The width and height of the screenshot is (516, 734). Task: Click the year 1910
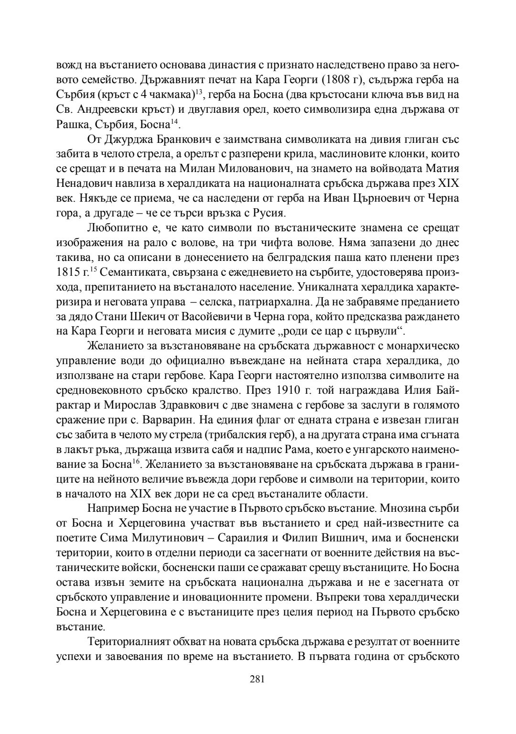(x=290, y=390)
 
